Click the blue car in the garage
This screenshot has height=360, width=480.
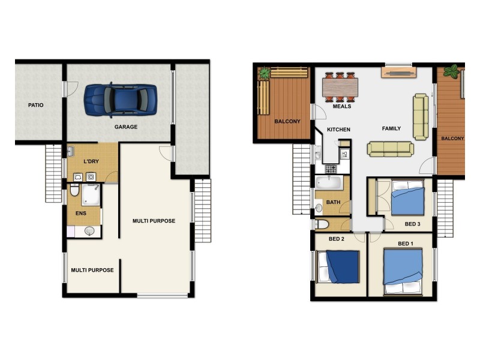coord(120,99)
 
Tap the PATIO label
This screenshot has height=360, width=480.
coord(35,105)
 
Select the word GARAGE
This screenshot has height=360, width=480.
coord(126,127)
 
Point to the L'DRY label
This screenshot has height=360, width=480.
coord(91,162)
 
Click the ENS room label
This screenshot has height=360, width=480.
coord(80,212)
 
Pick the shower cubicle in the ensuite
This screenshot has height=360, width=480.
coord(91,195)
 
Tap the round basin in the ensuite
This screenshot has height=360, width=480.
coord(89,230)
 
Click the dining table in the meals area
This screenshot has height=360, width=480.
coord(340,88)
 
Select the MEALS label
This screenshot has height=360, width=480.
coord(342,107)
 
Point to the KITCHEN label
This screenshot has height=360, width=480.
coord(338,130)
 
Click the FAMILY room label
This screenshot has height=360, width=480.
coord(391,128)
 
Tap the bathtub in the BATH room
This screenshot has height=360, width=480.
coord(328,183)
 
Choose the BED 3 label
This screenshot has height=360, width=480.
coord(413,224)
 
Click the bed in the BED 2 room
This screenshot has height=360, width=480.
coord(339,267)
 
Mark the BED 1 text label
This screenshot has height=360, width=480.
coord(406,244)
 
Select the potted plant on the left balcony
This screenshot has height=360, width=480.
coord(263,73)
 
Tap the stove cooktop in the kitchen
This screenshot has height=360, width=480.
coord(331,169)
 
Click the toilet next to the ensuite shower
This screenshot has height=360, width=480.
coord(75,190)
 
